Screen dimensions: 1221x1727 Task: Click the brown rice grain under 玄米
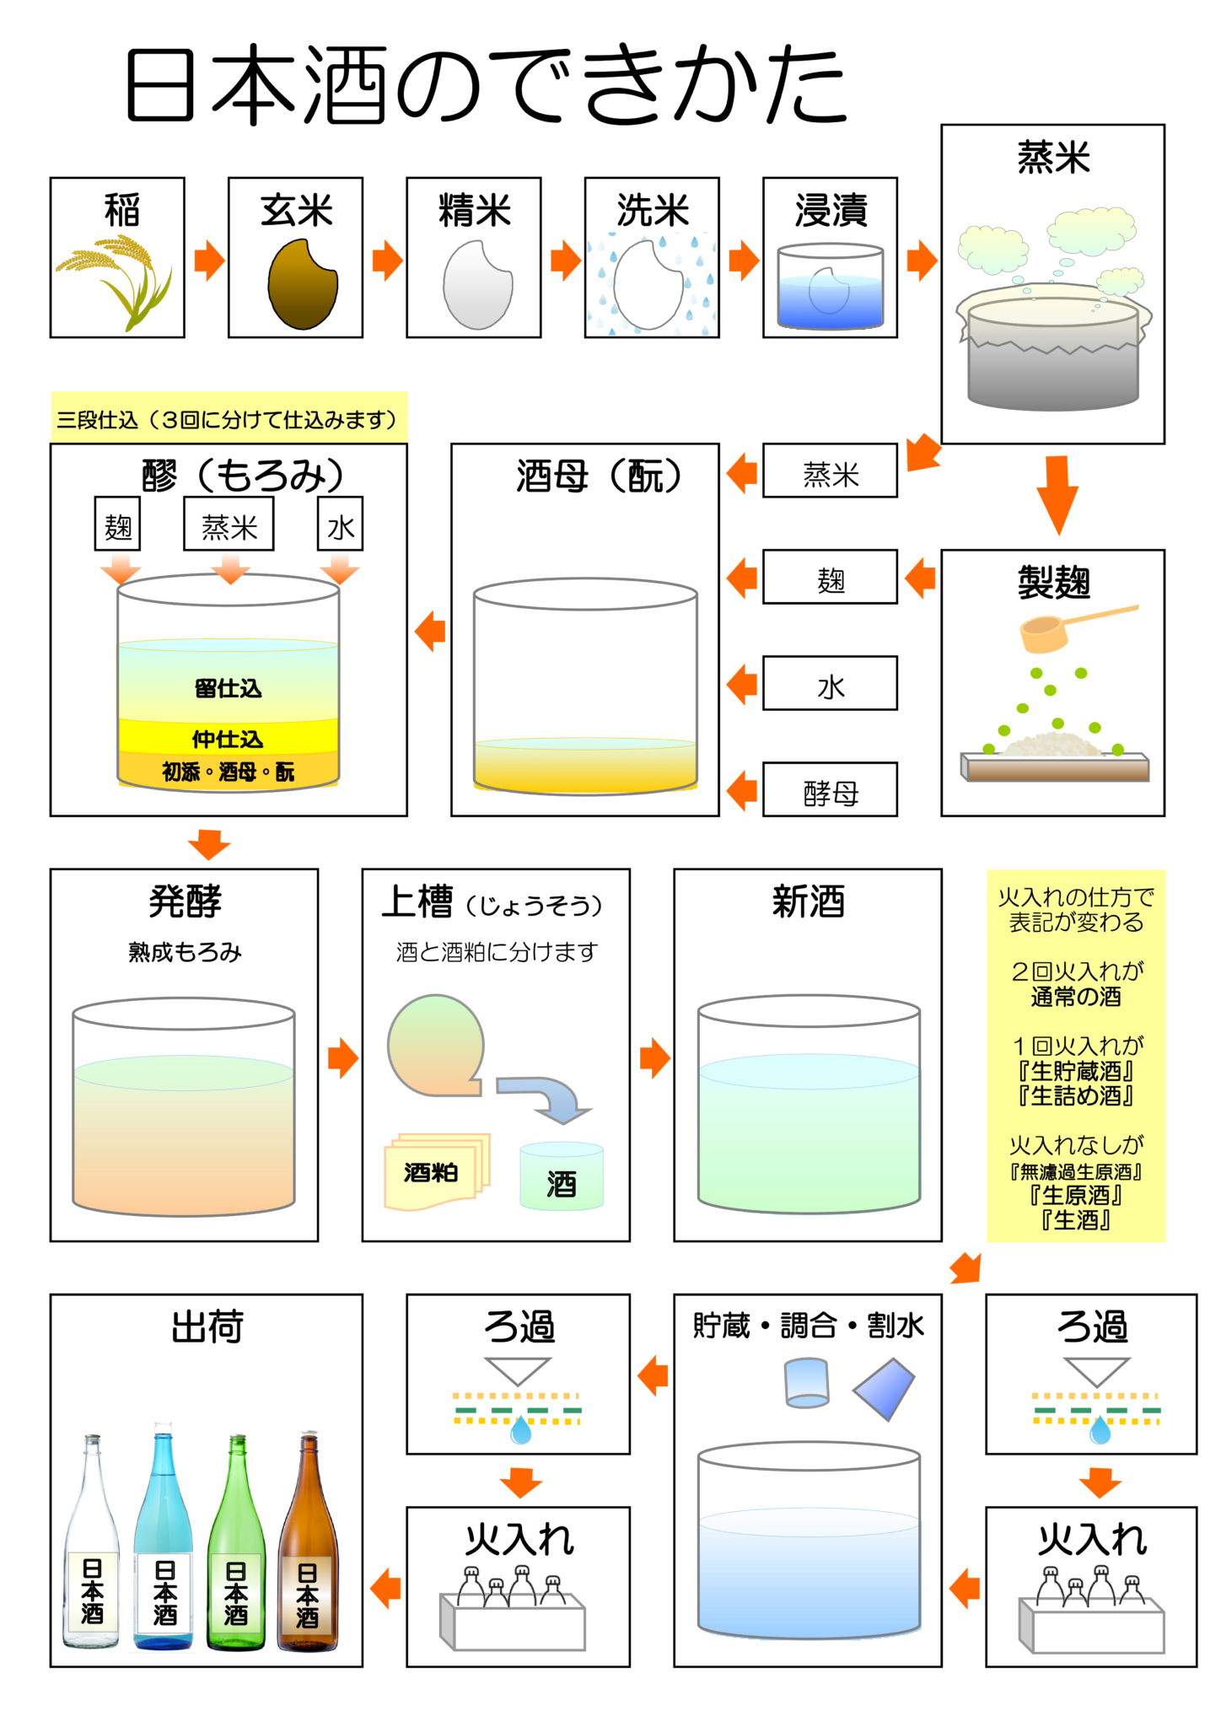(302, 285)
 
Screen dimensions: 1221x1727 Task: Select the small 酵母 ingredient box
(830, 790)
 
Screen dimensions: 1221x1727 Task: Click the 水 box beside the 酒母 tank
(830, 684)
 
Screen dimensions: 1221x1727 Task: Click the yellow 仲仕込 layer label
(228, 740)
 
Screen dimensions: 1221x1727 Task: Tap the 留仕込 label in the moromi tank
(228, 689)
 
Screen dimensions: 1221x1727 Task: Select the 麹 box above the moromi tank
(117, 525)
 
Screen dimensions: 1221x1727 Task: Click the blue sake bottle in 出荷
(164, 1543)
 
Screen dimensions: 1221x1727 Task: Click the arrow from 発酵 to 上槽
(342, 1058)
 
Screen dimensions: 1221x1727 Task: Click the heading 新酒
(808, 901)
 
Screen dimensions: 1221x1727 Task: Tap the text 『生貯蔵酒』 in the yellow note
(1076, 1071)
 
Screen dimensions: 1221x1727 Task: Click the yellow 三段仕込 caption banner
(229, 418)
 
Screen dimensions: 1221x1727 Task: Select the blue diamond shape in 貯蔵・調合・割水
(884, 1387)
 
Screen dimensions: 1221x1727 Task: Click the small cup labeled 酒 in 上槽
(561, 1177)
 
